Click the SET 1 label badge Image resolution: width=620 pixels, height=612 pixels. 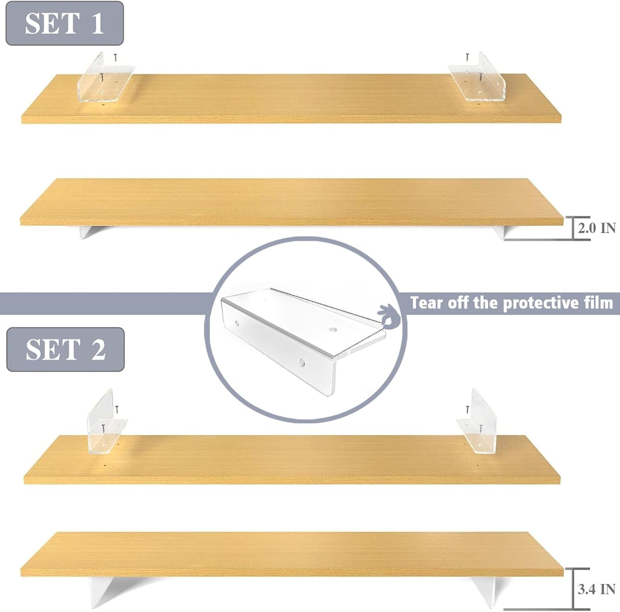[x=65, y=23]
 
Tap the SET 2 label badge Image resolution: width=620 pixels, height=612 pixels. [x=65, y=350]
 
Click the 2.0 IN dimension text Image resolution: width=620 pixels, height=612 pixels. [x=596, y=228]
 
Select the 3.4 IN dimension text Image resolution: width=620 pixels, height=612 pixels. [x=596, y=590]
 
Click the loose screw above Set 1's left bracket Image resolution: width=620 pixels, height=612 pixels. [x=115, y=57]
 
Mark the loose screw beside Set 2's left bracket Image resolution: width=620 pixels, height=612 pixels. [x=116, y=410]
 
